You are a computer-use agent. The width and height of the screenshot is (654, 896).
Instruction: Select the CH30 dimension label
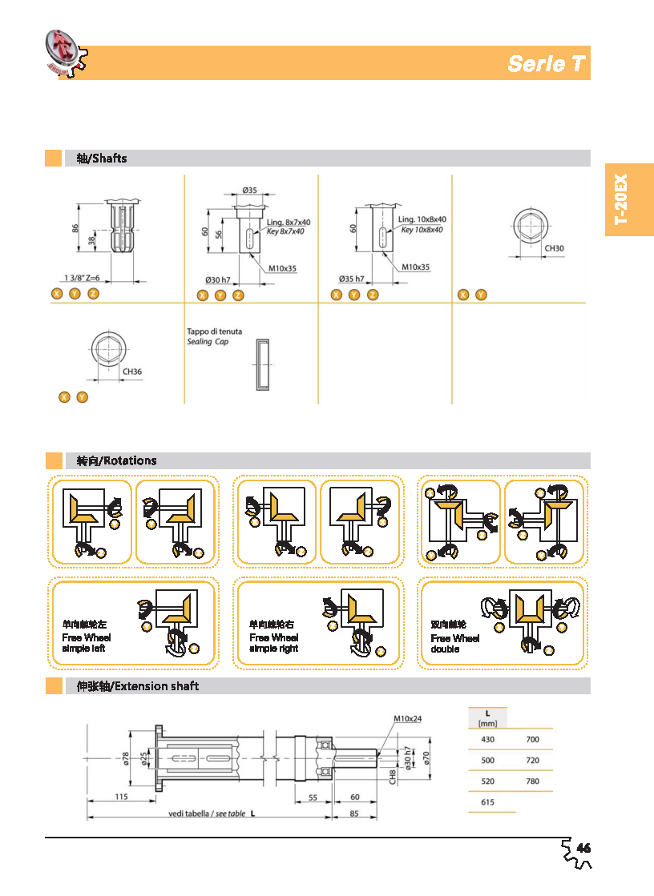coord(555,248)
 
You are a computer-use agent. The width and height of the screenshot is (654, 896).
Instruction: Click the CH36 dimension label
coord(132,372)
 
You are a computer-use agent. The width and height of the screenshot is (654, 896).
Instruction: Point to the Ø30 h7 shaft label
coord(217,279)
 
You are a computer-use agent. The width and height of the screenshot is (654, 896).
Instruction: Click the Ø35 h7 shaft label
coord(351,279)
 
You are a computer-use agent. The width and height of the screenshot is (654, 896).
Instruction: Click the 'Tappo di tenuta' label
coord(214,331)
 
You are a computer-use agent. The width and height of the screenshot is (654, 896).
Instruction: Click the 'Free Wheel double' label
coord(454,643)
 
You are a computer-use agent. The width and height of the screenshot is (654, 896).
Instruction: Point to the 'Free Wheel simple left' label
coord(86,642)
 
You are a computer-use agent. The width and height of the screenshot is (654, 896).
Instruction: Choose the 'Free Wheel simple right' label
coord(273,642)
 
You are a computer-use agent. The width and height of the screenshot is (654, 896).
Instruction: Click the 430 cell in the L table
coord(487,740)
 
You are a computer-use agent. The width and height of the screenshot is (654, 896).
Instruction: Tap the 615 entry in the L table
coord(487,802)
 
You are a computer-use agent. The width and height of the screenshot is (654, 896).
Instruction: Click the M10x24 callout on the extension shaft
coord(409,718)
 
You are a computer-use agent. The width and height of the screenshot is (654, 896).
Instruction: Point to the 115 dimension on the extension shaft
coord(121,797)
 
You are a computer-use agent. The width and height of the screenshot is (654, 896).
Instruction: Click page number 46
coord(583,848)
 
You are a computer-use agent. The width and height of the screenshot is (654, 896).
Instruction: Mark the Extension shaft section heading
coord(137,686)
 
